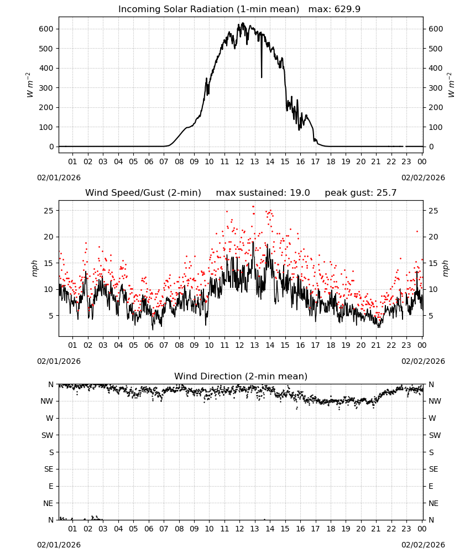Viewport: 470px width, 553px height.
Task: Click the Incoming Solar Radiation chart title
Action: [208, 9]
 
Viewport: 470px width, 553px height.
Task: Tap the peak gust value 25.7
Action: [385, 193]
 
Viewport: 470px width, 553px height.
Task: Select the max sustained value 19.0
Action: [300, 193]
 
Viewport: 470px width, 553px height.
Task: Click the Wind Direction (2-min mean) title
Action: [241, 376]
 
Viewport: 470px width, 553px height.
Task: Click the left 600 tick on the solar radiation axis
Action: [46, 29]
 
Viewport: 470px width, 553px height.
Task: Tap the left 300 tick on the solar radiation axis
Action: [46, 88]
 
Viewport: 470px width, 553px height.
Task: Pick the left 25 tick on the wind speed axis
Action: [49, 211]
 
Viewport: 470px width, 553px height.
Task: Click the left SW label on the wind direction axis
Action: [47, 435]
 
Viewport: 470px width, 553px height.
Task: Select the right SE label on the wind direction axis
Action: [434, 469]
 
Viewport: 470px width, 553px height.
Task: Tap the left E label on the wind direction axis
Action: [51, 486]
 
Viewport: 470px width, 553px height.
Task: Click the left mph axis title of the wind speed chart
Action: [34, 268]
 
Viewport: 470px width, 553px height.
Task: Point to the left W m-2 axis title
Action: [30, 85]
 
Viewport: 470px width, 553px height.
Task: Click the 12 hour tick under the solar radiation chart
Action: [239, 161]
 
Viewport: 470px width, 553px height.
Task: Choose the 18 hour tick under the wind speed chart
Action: [330, 345]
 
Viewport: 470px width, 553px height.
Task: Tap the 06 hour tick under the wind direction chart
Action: [148, 529]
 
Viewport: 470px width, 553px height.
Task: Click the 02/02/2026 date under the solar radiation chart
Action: [423, 178]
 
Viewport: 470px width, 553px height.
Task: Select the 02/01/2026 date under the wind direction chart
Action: [59, 545]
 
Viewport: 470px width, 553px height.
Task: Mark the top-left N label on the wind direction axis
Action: [51, 384]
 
